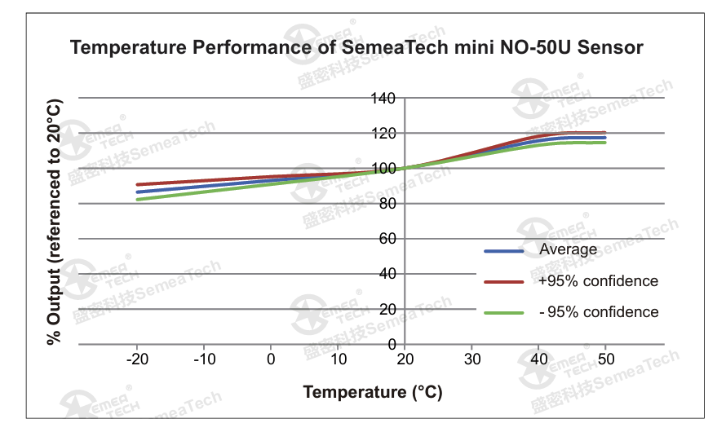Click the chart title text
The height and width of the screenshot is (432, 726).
(356, 47)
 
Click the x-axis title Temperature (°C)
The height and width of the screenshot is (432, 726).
(373, 392)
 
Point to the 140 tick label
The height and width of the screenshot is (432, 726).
(383, 99)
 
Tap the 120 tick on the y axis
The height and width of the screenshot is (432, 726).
(383, 134)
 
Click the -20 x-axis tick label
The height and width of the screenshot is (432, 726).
(136, 359)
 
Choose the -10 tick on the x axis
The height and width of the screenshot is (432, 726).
(203, 359)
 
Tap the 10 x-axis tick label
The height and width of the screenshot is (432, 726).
(338, 359)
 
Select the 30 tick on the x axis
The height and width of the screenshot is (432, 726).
(471, 359)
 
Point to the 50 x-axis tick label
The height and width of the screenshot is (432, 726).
(605, 359)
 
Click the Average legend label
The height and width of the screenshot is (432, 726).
(569, 249)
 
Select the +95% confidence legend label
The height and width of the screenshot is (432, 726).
(598, 281)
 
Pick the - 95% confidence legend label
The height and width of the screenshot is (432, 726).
(598, 312)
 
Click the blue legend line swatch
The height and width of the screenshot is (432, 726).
(503, 250)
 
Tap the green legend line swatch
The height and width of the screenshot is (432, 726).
(503, 313)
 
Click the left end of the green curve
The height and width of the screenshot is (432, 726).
(137, 199)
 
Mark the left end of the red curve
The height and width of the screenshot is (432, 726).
(137, 184)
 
